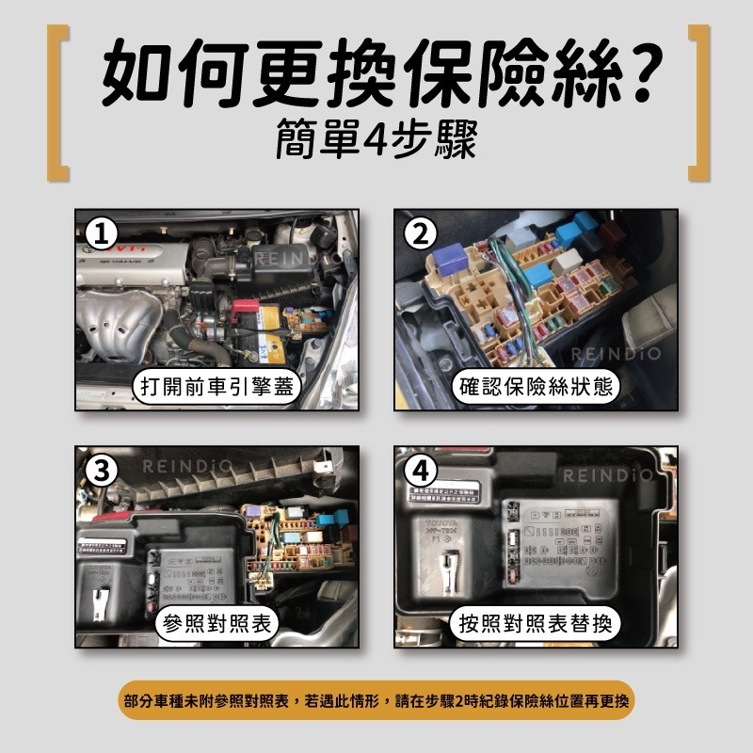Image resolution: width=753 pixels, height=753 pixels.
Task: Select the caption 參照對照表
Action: click(216, 623)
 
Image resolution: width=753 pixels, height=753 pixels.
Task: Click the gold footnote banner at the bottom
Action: click(376, 700)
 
